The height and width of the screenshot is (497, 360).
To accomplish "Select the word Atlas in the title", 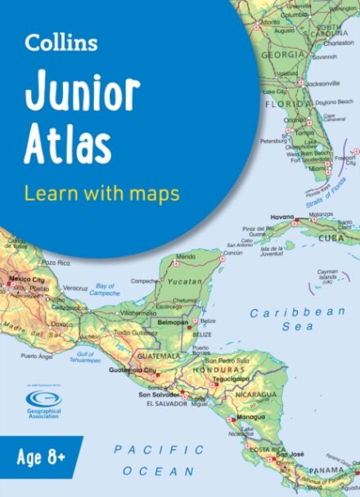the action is pyautogui.click(x=67, y=145).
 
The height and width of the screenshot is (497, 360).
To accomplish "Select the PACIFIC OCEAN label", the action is pyautogui.click(x=160, y=460).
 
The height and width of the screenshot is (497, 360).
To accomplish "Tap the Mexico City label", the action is pyautogui.click(x=25, y=280).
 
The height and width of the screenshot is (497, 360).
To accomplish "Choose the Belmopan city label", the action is pyautogui.click(x=173, y=322).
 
